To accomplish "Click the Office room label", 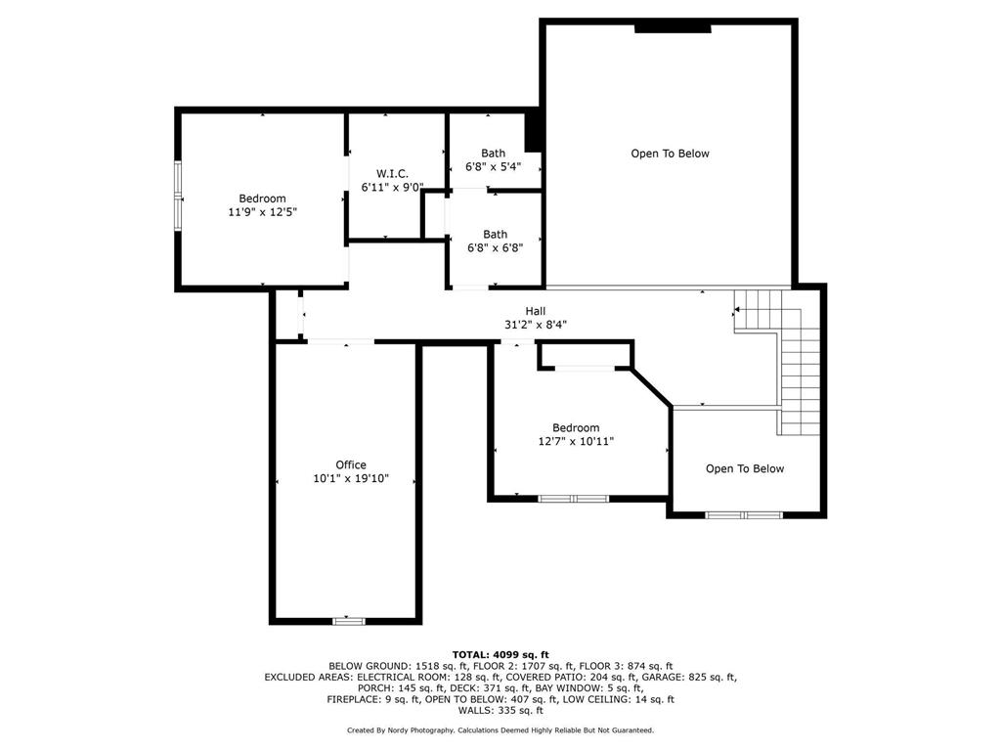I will pyautogui.click(x=351, y=464).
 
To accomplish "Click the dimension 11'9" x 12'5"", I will pyautogui.click(x=262, y=211).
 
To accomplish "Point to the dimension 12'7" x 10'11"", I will pyautogui.click(x=576, y=441).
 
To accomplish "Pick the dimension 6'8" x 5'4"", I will pyautogui.click(x=493, y=166).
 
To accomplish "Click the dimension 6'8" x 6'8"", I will pyautogui.click(x=495, y=247).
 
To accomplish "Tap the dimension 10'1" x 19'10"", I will pyautogui.click(x=351, y=478).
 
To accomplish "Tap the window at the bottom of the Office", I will pyautogui.click(x=349, y=620).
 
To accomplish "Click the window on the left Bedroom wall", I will pyautogui.click(x=178, y=197).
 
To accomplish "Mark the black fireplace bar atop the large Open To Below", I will pyautogui.click(x=673, y=27).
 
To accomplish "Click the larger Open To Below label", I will pyautogui.click(x=670, y=154).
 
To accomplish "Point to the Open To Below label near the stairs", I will pyautogui.click(x=745, y=468).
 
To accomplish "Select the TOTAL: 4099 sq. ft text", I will pyautogui.click(x=500, y=654).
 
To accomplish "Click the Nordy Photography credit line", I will pyautogui.click(x=500, y=730).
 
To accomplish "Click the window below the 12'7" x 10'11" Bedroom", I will pyautogui.click(x=574, y=499).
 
